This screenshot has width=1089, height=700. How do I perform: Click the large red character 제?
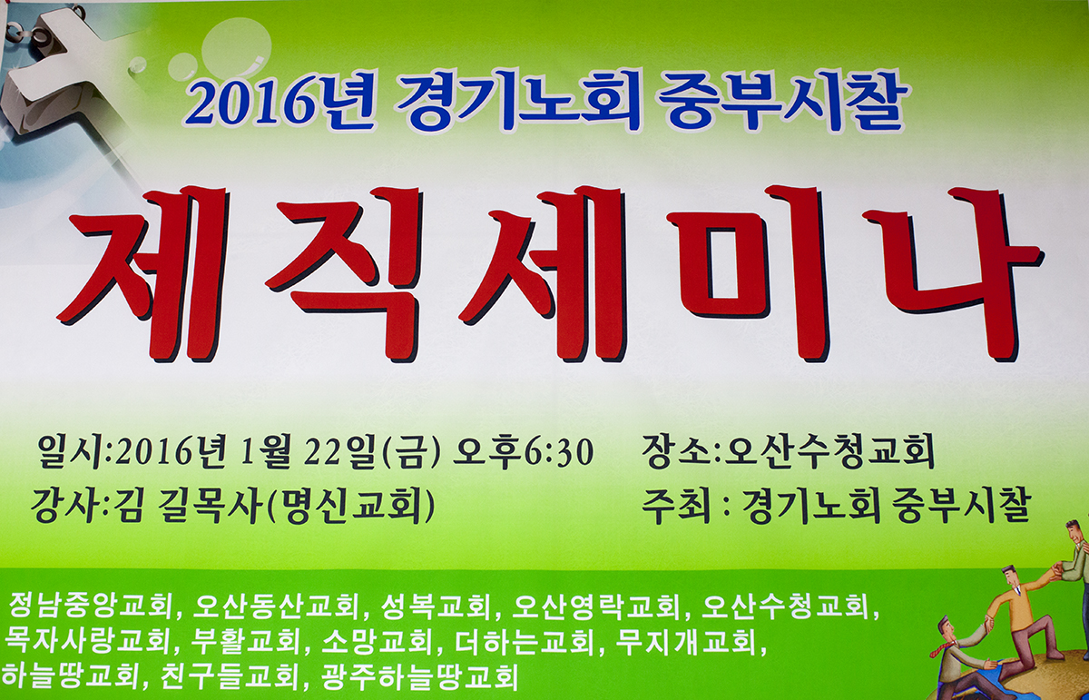click(136, 275)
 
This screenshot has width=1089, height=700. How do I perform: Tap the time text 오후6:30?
click(523, 453)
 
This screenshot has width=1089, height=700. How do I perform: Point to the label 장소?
click(677, 453)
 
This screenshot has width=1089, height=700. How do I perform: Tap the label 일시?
click(74, 453)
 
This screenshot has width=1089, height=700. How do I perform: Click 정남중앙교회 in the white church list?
click(91, 606)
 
